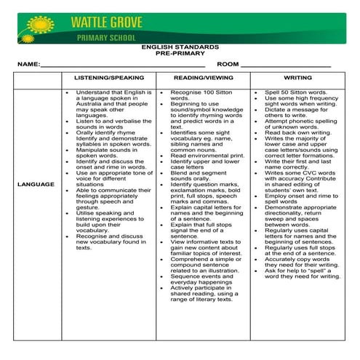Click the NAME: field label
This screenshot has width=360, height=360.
[28, 65]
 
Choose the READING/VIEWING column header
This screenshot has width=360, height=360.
[202, 78]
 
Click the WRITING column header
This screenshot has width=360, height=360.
[297, 78]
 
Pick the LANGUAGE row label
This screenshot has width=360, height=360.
[36, 185]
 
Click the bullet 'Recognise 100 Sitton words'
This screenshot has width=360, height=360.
[200, 96]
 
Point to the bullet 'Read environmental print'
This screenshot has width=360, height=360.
[207, 156]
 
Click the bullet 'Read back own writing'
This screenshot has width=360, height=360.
[298, 133]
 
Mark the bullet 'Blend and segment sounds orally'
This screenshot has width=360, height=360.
[200, 175]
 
